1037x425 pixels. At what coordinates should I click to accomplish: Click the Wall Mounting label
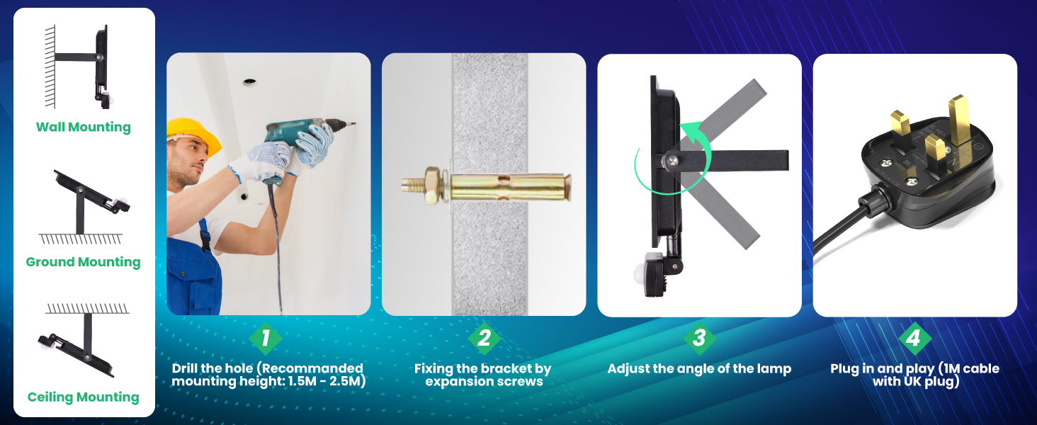[x=84, y=127]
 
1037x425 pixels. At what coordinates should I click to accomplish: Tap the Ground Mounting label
[x=83, y=262]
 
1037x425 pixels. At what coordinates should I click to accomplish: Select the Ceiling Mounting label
[x=83, y=397]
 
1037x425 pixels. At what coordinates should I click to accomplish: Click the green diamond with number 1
[x=266, y=339]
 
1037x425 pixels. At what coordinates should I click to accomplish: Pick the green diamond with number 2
[x=484, y=339]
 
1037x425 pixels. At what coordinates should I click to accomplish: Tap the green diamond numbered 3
[x=699, y=339]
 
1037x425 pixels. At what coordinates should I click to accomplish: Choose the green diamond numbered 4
[x=914, y=339]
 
